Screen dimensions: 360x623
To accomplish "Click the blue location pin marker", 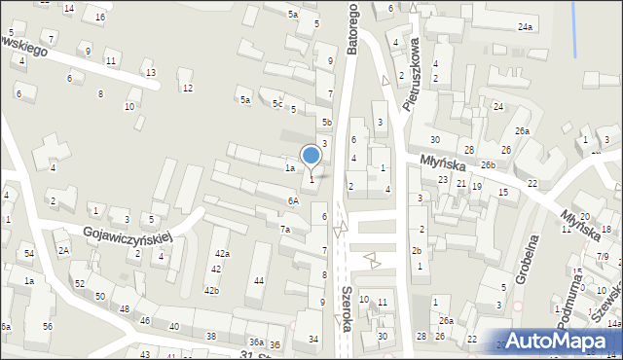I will point(311,157).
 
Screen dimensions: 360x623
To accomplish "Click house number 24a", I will point(526,26).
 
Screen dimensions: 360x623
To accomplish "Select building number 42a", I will point(223,254).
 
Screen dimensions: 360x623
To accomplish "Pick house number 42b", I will point(211,290).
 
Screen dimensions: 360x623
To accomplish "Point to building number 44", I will point(259,281).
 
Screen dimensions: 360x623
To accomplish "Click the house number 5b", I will point(328,123).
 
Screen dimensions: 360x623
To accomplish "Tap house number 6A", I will point(292,200).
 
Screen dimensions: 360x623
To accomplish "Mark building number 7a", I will point(285,230).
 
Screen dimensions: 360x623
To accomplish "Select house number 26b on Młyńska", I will point(488,165).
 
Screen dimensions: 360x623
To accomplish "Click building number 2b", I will point(416,250).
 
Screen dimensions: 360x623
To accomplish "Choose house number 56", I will point(48,326).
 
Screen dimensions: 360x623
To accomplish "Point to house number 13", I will point(149,73).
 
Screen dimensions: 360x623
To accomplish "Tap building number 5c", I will point(277,104).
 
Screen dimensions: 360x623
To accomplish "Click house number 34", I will point(313,339).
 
